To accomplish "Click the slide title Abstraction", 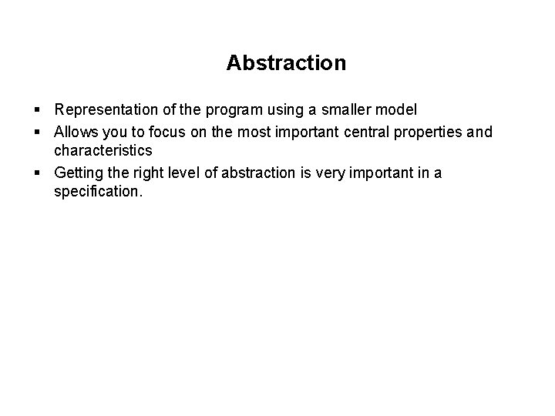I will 286,62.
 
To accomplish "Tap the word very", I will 324,173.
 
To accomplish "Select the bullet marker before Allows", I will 38,133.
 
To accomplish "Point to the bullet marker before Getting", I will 38,173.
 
